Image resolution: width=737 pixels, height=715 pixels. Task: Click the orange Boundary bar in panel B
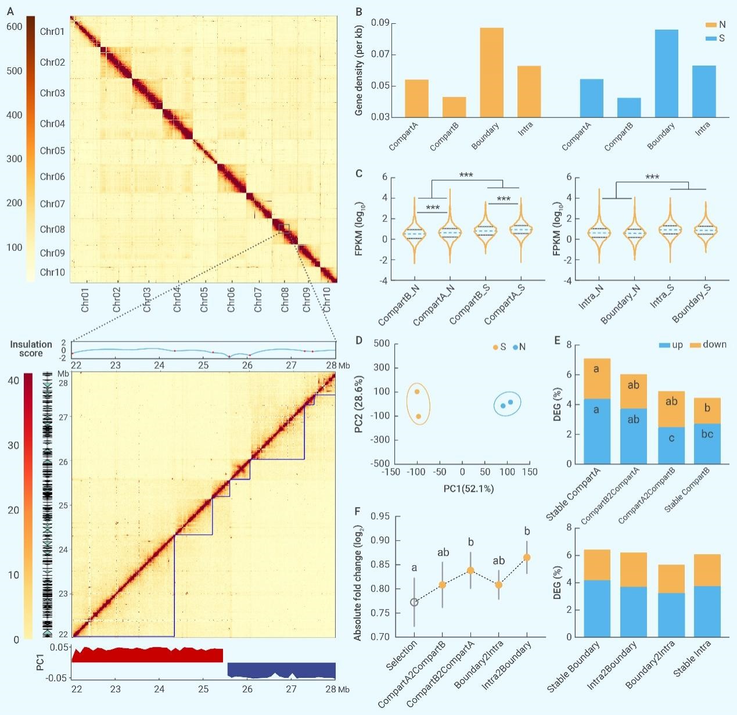tap(491, 72)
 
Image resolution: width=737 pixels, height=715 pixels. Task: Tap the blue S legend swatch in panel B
tap(710, 38)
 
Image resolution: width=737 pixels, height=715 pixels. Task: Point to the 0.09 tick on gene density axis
tap(380, 23)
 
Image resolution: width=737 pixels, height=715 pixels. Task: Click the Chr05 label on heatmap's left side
tap(52, 150)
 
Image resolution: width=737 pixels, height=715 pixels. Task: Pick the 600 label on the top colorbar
tap(15, 27)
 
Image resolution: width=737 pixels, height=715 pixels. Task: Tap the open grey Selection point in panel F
tap(414, 602)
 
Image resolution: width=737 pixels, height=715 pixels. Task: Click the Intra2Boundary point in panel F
tap(527, 558)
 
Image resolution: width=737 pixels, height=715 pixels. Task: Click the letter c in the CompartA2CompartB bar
tap(671, 439)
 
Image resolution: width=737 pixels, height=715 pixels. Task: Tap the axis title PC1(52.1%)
tap(468, 488)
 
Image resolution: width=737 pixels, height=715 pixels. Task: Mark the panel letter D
tap(359, 340)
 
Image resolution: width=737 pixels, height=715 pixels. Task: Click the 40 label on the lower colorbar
tap(13, 380)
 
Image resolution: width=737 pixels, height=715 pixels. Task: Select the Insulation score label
tap(31, 348)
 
